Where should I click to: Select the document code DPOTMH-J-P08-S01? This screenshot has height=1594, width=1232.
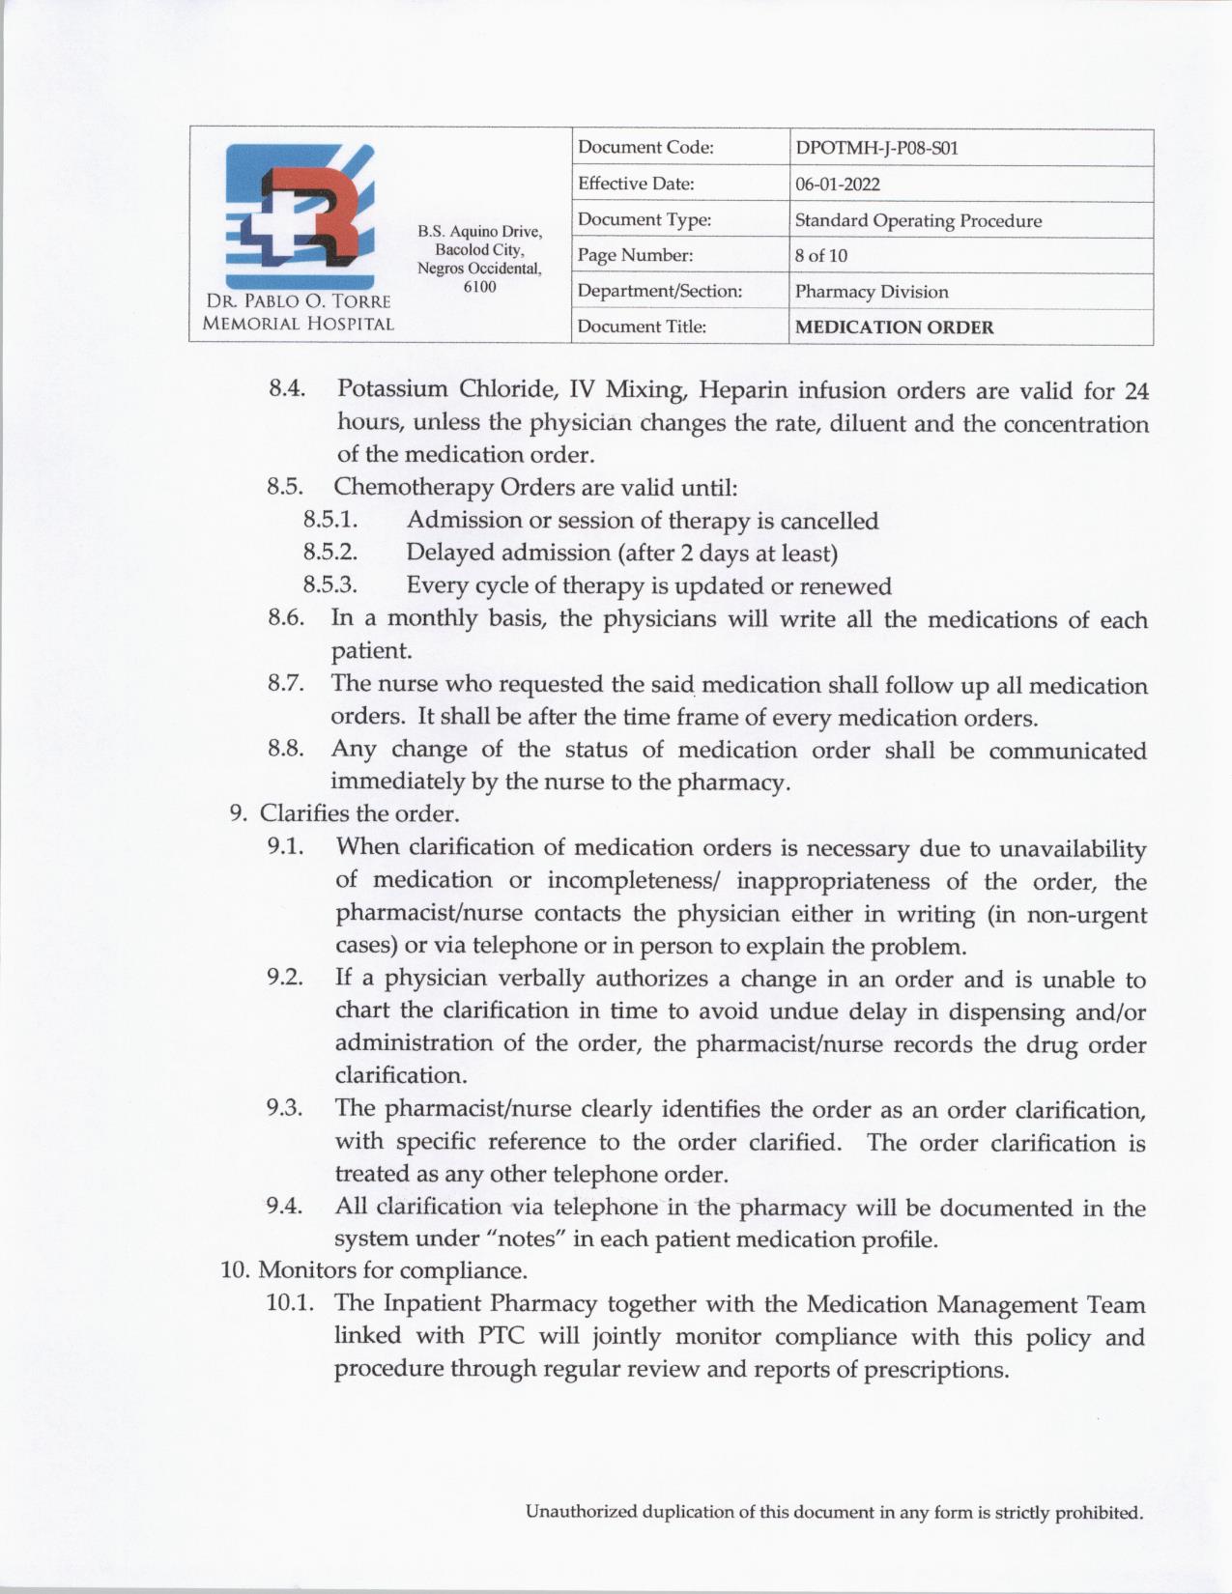point(876,148)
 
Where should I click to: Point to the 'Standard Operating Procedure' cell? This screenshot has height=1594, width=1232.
point(918,220)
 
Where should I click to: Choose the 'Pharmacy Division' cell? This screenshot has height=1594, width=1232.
point(872,292)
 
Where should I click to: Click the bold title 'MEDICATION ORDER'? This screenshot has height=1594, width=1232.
point(894,327)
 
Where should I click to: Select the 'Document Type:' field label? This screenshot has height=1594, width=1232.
point(645,220)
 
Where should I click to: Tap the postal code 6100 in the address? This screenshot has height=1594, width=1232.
point(479,287)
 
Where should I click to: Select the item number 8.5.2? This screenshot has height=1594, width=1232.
point(330,553)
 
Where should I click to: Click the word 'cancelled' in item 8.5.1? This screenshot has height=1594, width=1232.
point(829,521)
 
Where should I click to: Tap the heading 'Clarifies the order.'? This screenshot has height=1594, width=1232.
point(358,813)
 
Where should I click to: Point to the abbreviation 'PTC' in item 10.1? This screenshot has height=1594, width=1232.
point(500,1337)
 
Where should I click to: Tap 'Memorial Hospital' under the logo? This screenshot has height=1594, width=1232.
point(298,325)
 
